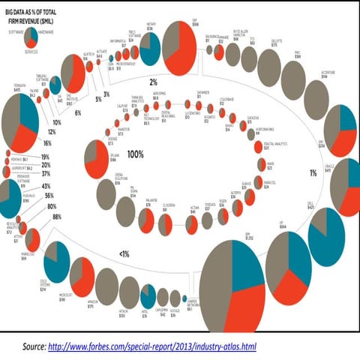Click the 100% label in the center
pyautogui.click(x=135, y=154)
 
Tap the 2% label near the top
pyautogui.click(x=152, y=81)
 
